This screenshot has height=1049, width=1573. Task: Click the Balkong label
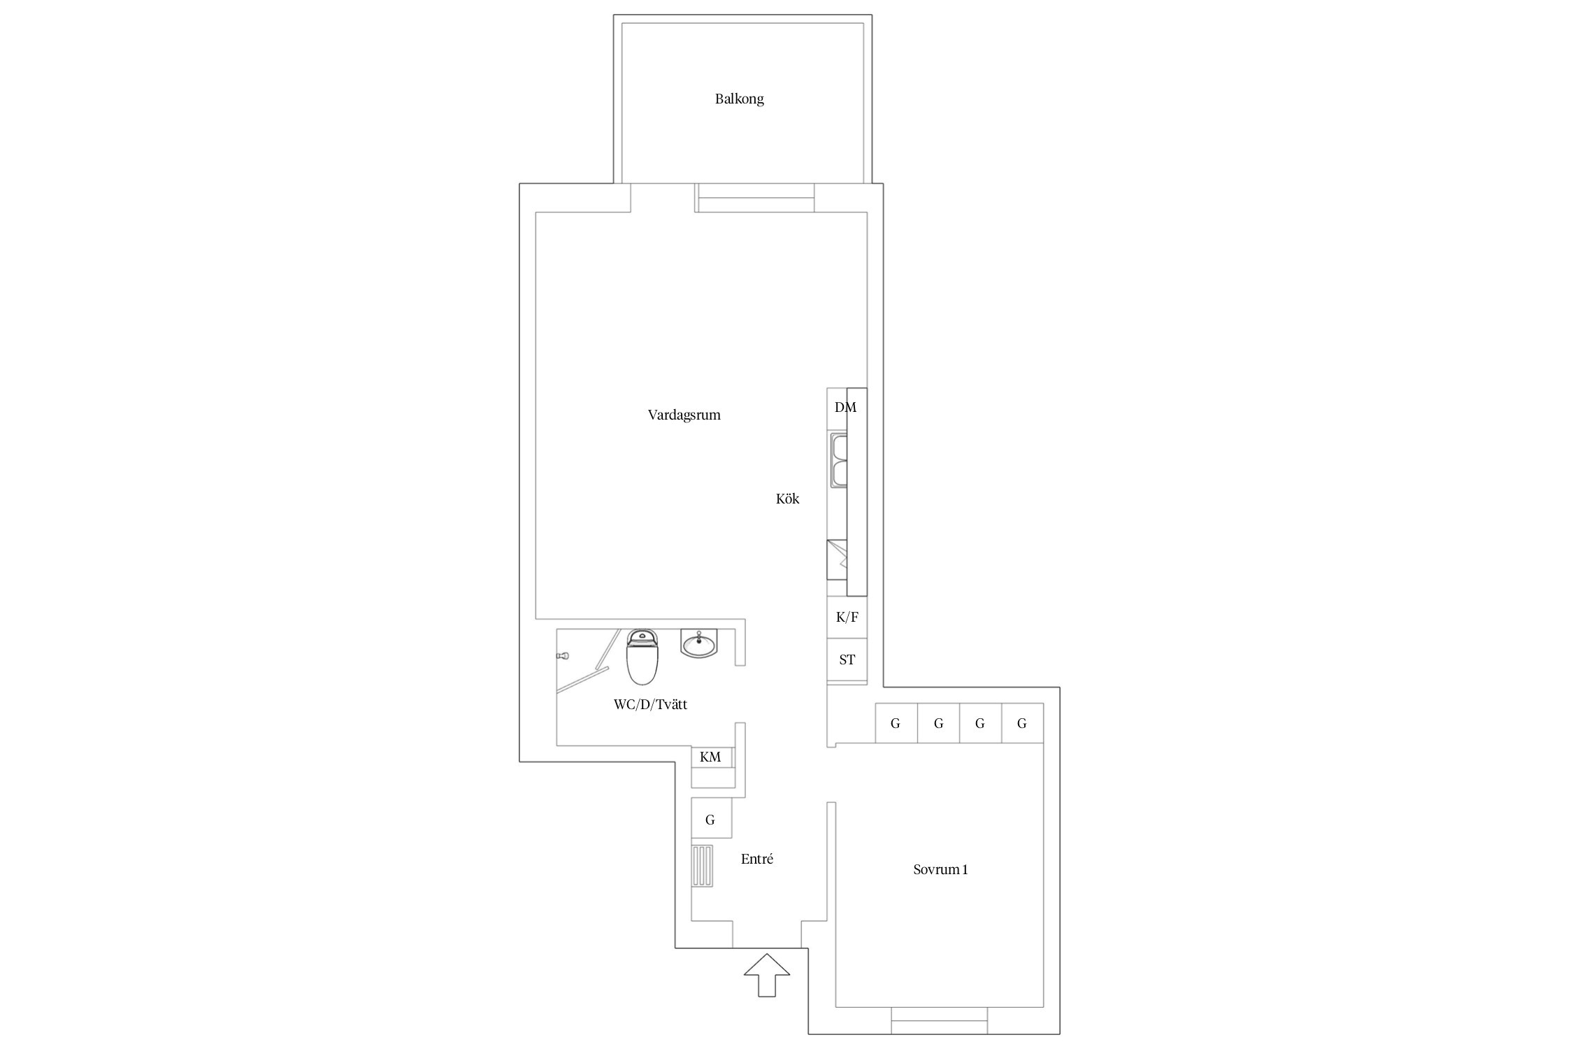tap(739, 99)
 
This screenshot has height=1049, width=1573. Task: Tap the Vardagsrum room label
tap(684, 415)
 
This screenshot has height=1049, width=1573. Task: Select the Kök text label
tap(787, 499)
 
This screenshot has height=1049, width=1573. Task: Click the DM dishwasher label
tap(845, 407)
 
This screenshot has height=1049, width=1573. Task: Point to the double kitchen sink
tap(838, 460)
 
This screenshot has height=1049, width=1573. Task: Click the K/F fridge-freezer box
tap(847, 618)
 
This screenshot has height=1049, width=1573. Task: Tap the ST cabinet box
tap(847, 659)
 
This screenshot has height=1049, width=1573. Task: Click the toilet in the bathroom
tap(642, 657)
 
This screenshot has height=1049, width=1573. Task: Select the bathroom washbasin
tap(698, 643)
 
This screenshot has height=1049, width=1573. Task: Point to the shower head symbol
tap(563, 656)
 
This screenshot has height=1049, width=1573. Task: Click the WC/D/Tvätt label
tap(650, 705)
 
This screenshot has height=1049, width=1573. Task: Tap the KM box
tap(711, 757)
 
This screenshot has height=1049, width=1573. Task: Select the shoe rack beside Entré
tap(703, 866)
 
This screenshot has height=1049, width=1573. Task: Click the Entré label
tap(757, 859)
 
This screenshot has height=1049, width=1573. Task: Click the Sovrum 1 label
tap(940, 870)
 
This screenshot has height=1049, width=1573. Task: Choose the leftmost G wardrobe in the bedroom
tap(896, 723)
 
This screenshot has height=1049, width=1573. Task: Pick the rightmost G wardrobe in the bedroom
tap(1022, 723)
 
